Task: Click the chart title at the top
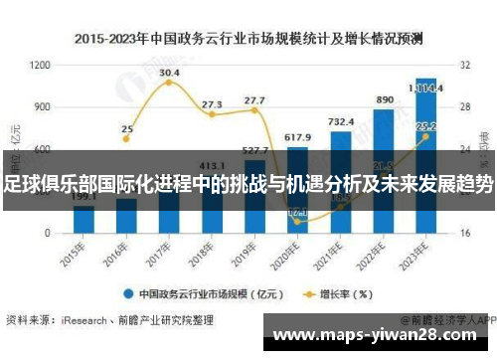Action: click(248, 39)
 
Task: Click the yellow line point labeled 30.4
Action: click(169, 82)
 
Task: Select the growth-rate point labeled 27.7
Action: click(254, 110)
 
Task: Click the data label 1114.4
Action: click(426, 87)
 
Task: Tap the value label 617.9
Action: click(297, 136)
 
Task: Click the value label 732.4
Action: click(341, 121)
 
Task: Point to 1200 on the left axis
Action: click(41, 65)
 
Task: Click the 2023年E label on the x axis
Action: click(419, 250)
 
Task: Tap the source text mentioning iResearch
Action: click(109, 320)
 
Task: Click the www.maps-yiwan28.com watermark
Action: click(384, 337)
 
